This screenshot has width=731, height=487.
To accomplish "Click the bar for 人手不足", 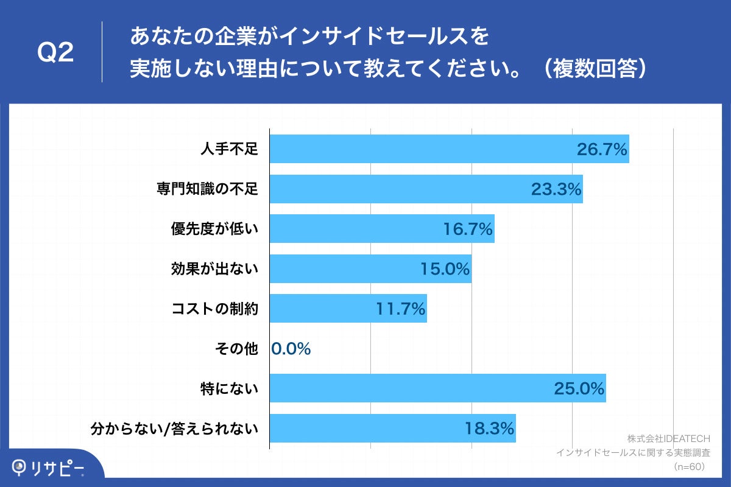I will (x=449, y=149).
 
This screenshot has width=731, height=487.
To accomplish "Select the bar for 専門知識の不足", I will (x=426, y=189).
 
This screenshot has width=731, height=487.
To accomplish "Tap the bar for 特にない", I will (x=437, y=388).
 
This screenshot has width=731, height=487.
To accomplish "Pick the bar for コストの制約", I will (x=348, y=309).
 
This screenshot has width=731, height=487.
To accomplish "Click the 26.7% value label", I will (x=602, y=150).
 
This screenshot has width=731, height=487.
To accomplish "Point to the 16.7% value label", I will (x=467, y=229).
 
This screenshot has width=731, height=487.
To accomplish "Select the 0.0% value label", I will (x=291, y=349).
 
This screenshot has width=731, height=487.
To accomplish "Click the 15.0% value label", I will (x=445, y=269).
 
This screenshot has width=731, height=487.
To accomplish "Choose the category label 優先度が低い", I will (x=214, y=229).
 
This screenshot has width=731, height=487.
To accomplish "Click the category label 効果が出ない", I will (x=214, y=269).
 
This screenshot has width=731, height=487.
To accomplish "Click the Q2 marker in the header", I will (x=55, y=53).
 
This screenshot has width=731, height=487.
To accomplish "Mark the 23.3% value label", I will (x=556, y=189).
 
